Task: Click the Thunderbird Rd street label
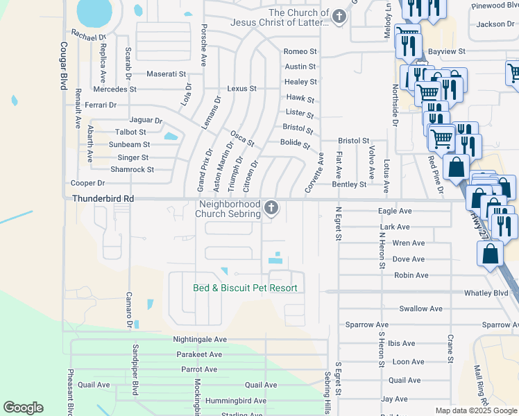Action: pyautogui.click(x=103, y=198)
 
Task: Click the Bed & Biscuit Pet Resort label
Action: pyautogui.click(x=245, y=288)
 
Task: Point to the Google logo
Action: pyautogui.click(x=23, y=408)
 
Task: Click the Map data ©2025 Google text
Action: pyautogui.click(x=475, y=410)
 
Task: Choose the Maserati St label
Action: pyautogui.click(x=167, y=73)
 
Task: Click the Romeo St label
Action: pyautogui.click(x=300, y=52)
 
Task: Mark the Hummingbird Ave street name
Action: pyautogui.click(x=230, y=401)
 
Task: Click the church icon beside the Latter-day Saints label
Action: pyautogui.click(x=339, y=17)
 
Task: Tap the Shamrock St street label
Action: pyautogui.click(x=132, y=169)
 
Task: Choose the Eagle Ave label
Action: pyautogui.click(x=395, y=211)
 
